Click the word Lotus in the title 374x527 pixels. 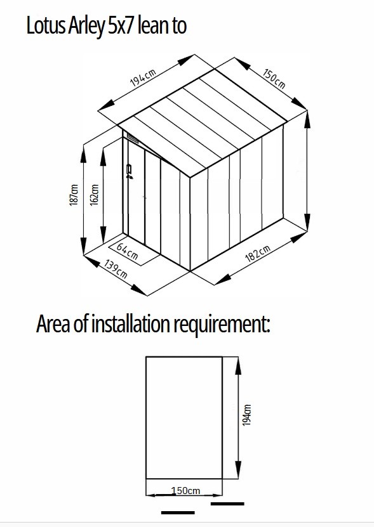pyautogui.click(x=46, y=26)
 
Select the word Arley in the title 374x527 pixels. pyautogui.click(x=86, y=27)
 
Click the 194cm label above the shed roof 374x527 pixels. pyautogui.click(x=143, y=78)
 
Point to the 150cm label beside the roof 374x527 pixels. pyautogui.click(x=274, y=79)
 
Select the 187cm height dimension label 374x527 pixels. pyautogui.click(x=74, y=195)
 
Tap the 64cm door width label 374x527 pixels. pyautogui.click(x=127, y=251)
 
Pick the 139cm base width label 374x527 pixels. pyautogui.click(x=116, y=269)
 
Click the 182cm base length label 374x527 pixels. pyautogui.click(x=258, y=254)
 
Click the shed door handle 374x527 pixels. pyautogui.click(x=129, y=171)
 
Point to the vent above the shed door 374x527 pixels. pyautogui.click(x=132, y=138)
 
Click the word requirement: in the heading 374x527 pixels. pyautogui.click(x=222, y=324)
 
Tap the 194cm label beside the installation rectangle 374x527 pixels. pyautogui.click(x=247, y=415)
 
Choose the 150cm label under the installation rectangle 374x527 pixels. pyautogui.click(x=185, y=491)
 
